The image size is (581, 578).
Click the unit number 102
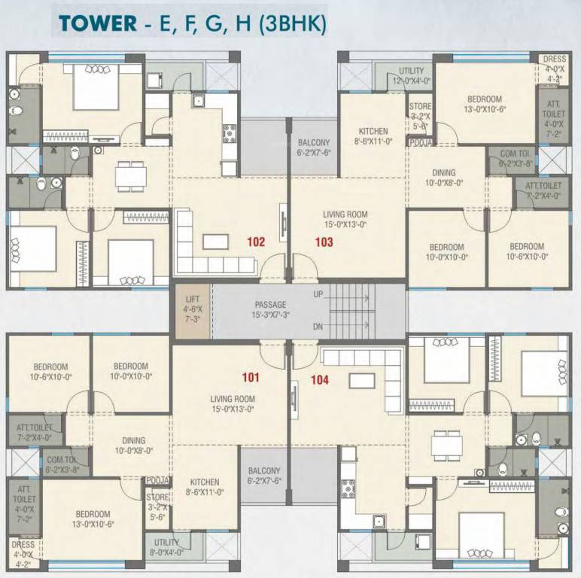point(257,242)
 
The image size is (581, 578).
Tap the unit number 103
point(324,242)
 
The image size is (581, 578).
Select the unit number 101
point(251,377)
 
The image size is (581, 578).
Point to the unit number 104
point(320,380)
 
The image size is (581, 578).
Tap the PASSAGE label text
point(270,305)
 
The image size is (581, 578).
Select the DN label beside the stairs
point(318,327)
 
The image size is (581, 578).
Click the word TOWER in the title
point(96,23)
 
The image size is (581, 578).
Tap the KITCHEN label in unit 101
point(205,482)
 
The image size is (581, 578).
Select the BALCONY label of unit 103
point(314,142)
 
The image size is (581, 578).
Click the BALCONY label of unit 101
point(264,471)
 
